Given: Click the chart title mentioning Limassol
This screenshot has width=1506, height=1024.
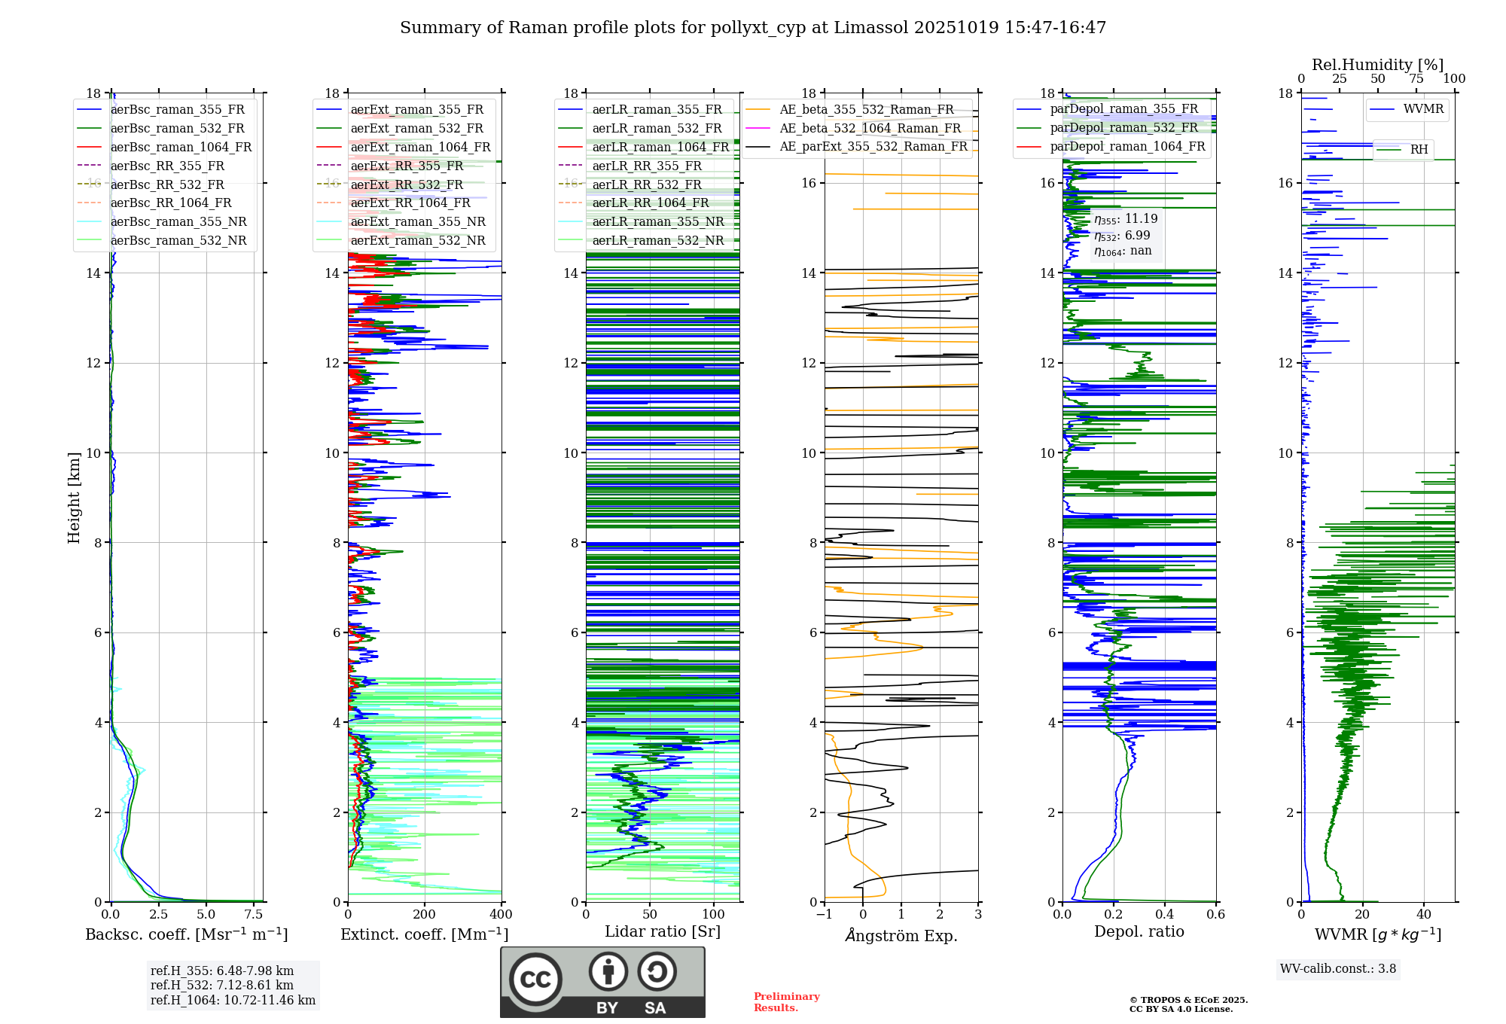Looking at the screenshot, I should click(x=753, y=28).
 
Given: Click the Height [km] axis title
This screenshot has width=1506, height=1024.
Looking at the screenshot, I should click(x=74, y=497).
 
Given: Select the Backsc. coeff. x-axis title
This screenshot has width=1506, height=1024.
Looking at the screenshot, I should click(x=186, y=934).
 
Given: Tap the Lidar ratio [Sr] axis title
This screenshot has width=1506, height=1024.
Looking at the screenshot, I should click(x=663, y=931).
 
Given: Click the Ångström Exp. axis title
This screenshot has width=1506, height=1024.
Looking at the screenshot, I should click(x=901, y=935).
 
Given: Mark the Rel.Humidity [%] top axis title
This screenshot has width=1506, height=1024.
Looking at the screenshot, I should click(x=1377, y=65).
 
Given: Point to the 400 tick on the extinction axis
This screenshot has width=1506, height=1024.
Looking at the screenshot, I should click(x=501, y=915).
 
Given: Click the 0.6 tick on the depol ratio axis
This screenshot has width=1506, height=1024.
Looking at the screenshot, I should click(x=1215, y=915).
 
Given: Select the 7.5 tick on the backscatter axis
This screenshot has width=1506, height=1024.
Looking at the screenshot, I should click(x=254, y=915).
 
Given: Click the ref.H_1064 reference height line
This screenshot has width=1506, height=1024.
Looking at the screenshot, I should click(x=233, y=1000).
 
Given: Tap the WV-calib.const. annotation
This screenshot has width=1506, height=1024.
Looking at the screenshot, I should click(x=1338, y=969).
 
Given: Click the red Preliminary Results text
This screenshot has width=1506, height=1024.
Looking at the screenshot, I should click(x=786, y=1002).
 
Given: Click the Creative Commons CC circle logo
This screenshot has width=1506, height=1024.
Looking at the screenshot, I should click(x=535, y=980).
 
